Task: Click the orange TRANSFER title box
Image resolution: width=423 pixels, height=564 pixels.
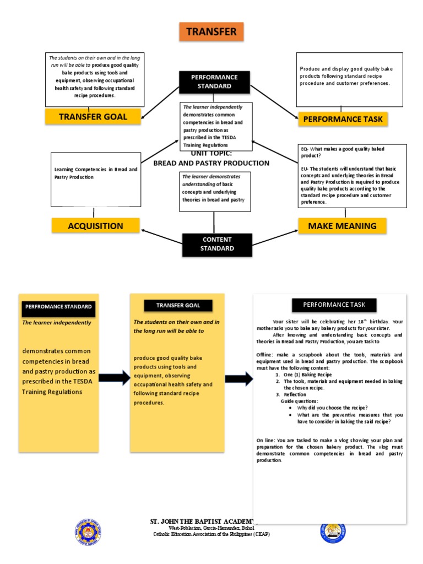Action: [x=211, y=32]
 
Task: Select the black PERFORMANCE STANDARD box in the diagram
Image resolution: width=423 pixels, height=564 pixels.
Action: [x=214, y=82]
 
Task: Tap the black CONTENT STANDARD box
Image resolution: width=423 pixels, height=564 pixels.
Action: [x=217, y=244]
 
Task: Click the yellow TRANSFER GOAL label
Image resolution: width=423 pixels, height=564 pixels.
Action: [x=93, y=116]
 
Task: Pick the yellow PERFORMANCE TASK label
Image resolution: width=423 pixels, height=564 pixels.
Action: [x=343, y=118]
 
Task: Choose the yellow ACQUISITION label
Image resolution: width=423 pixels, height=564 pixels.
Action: [x=95, y=226]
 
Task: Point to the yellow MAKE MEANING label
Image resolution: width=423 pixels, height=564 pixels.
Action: [x=342, y=226]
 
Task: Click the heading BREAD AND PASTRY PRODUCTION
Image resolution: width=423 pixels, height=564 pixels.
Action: [x=211, y=163]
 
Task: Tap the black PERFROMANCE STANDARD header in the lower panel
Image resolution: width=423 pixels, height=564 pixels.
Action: [x=58, y=306]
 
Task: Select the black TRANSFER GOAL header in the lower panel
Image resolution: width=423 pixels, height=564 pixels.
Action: [x=178, y=305]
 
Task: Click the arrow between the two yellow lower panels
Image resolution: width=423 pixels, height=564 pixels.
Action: [x=114, y=379]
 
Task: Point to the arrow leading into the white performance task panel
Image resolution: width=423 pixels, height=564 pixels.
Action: [x=238, y=379]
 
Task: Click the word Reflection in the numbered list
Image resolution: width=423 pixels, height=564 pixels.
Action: [x=295, y=395]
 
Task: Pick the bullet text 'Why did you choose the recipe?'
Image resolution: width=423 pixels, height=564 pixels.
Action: [x=332, y=408]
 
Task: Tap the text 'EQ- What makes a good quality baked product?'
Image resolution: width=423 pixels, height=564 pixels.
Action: [x=334, y=152]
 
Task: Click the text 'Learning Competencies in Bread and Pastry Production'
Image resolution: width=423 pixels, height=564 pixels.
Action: [x=95, y=173]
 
